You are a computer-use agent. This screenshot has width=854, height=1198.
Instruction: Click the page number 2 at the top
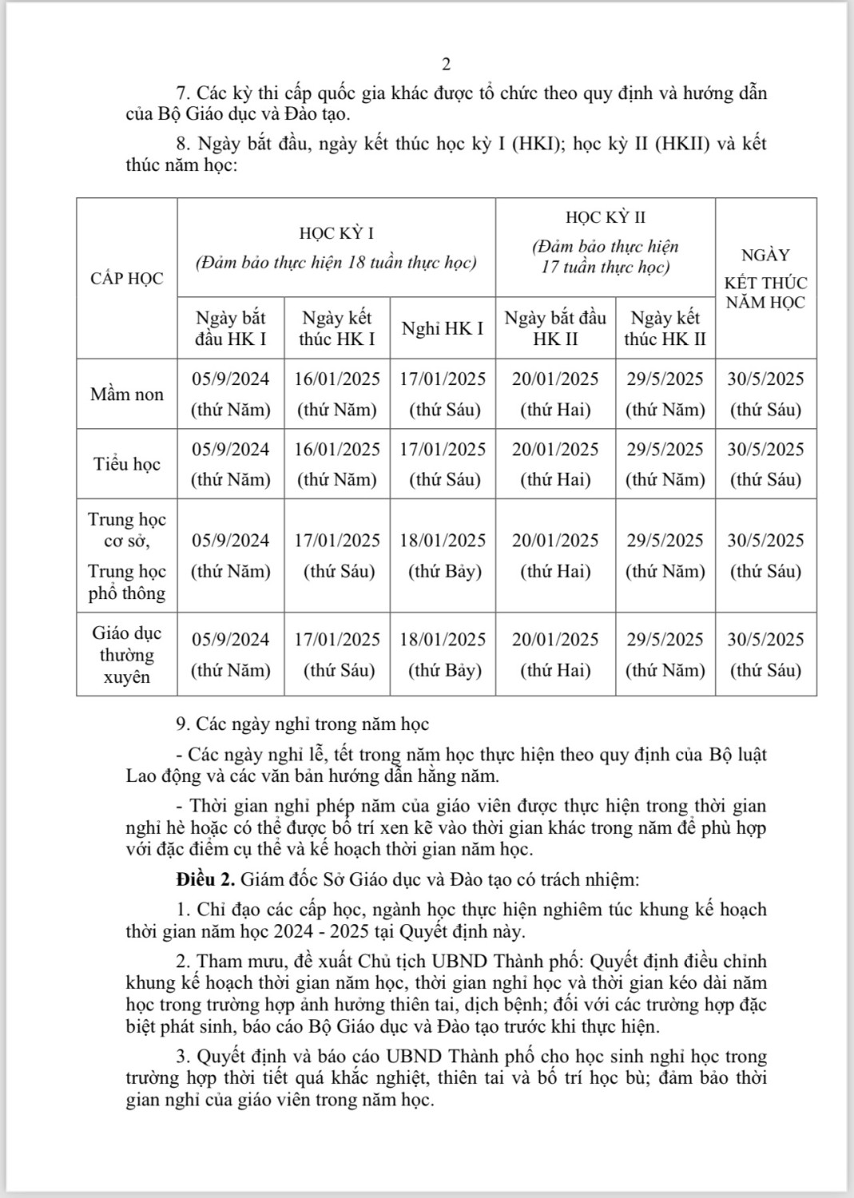tap(447, 65)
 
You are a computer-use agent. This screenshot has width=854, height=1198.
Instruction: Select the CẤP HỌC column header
tap(126, 279)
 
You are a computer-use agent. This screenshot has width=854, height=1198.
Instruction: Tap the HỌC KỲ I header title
tap(336, 233)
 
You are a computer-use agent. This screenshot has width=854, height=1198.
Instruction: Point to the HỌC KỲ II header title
tap(606, 217)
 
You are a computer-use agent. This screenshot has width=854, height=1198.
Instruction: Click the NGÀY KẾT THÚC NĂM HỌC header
tap(765, 279)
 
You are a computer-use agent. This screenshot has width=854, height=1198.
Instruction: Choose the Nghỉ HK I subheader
tap(443, 328)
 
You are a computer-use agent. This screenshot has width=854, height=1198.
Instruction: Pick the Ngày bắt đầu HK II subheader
tap(555, 328)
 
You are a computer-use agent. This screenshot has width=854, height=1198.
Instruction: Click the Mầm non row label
tap(126, 395)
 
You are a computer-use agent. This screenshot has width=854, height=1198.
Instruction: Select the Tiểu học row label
tap(126, 464)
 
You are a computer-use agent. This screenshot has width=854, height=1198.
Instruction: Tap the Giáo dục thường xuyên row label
tap(126, 655)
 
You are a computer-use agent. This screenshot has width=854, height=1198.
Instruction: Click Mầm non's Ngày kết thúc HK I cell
tap(337, 395)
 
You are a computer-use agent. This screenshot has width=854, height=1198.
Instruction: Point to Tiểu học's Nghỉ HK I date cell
tap(443, 464)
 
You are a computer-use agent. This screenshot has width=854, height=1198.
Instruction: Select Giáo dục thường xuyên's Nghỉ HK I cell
tap(443, 655)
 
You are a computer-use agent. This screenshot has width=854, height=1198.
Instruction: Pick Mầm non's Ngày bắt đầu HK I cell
tap(230, 395)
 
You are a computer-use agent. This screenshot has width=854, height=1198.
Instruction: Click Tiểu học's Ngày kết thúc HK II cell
tap(665, 464)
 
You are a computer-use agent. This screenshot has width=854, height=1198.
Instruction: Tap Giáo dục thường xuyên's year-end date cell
tap(765, 655)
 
